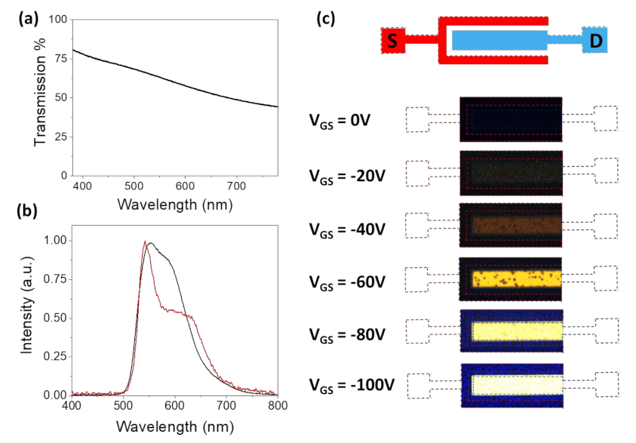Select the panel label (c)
coord(329,20)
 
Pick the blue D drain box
coord(597,41)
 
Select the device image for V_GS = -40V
coord(512,225)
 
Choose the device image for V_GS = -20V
coord(512,171)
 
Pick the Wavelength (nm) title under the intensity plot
coord(174,426)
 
